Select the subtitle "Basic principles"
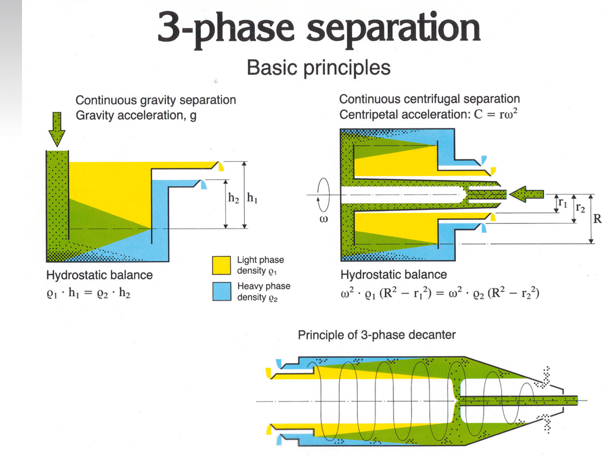tap(318, 68)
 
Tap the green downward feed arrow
tap(57, 129)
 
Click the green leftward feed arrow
tap(526, 194)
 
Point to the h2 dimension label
tap(233, 198)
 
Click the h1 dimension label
tap(252, 198)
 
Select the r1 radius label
tap(563, 202)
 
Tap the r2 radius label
tap(580, 207)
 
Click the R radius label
tap(597, 219)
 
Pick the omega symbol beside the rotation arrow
tap(323, 219)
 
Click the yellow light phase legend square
tap(222, 265)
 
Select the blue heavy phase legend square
tap(222, 291)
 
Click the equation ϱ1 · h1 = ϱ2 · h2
tap(89, 293)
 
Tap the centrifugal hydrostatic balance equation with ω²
tap(440, 293)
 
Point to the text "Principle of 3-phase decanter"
tap(377, 335)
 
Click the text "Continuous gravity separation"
tap(156, 100)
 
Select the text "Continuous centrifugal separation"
tap(429, 99)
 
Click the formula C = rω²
tap(496, 114)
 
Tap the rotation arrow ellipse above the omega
tap(330, 194)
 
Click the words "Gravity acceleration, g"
tap(136, 115)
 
